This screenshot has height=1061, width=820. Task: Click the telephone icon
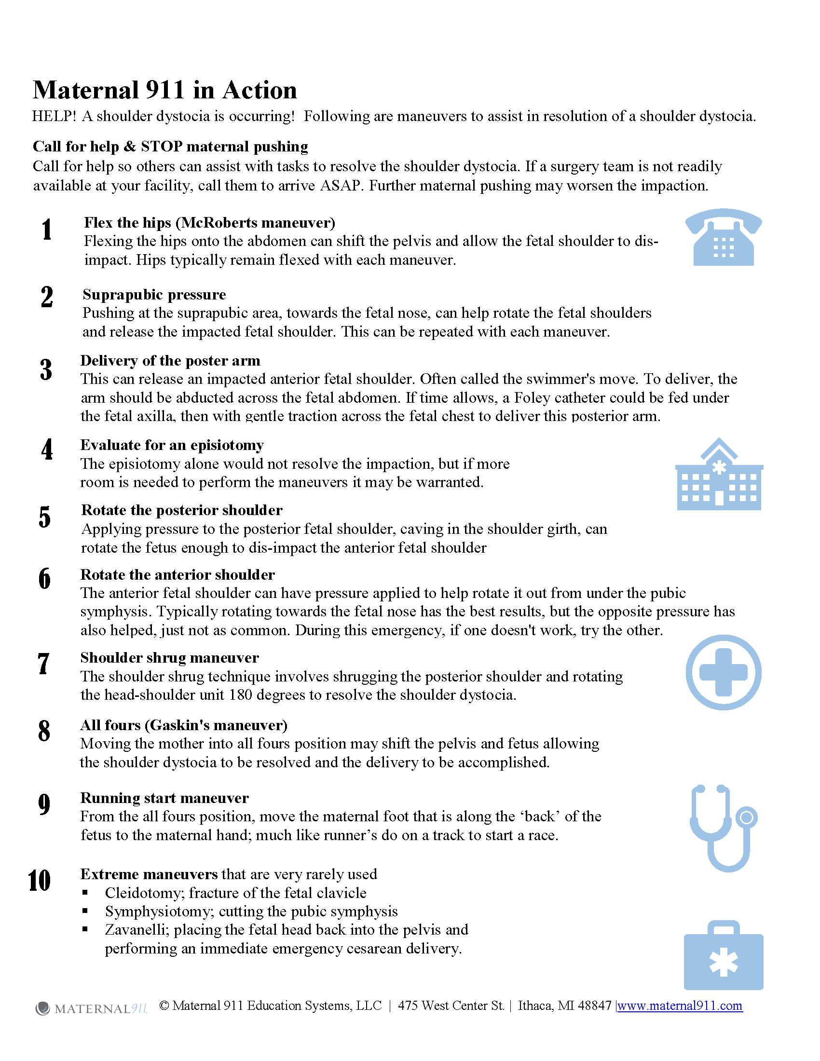(x=724, y=238)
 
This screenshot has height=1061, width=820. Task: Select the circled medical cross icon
(x=724, y=672)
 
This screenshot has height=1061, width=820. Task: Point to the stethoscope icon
(x=723, y=827)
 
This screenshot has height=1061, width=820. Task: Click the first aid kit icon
(x=724, y=955)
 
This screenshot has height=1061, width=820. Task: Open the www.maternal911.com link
(x=680, y=1006)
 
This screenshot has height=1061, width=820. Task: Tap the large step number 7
(x=44, y=664)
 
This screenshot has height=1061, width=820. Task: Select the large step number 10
(x=40, y=880)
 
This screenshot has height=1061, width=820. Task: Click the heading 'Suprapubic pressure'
(x=154, y=294)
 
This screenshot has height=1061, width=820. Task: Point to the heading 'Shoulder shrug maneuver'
(x=169, y=657)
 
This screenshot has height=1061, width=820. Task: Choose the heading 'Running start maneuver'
(x=164, y=798)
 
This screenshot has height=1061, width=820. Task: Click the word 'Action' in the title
(x=260, y=90)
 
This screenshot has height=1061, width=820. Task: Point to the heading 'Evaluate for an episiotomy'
(x=172, y=445)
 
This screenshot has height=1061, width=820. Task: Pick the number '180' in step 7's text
(x=241, y=694)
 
